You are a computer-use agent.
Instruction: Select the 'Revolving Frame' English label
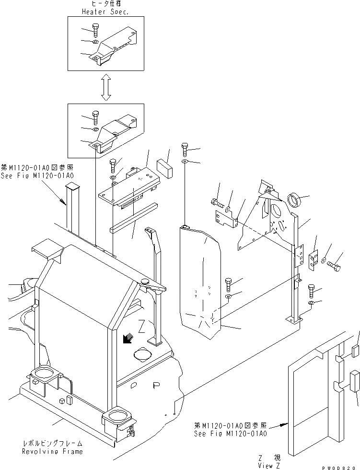click(x=52, y=451)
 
